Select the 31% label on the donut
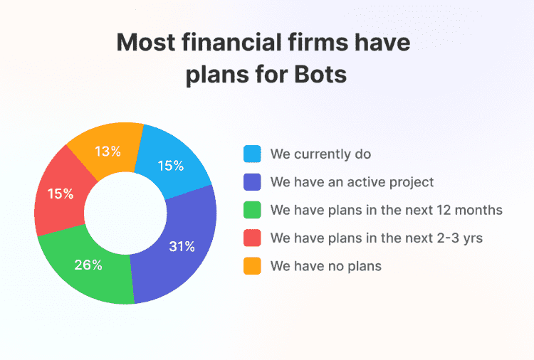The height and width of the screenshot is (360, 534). click(x=182, y=247)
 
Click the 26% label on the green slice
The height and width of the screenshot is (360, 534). click(x=88, y=265)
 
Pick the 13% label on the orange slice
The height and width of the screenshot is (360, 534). click(x=108, y=152)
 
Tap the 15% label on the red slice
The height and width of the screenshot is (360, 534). click(x=59, y=193)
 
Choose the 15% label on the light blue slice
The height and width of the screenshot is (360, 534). click(x=170, y=166)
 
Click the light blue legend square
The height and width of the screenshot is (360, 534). click(x=252, y=154)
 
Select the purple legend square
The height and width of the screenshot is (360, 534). click(x=252, y=182)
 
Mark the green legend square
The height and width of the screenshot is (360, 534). click(x=252, y=210)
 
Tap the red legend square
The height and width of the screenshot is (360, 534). click(x=252, y=238)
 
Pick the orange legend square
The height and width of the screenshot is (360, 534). click(x=252, y=266)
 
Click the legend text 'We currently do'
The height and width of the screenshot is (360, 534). click(x=320, y=154)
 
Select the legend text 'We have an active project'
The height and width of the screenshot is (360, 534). click(x=352, y=182)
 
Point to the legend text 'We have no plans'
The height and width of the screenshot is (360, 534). click(x=326, y=266)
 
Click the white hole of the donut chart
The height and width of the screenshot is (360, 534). click(x=125, y=213)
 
